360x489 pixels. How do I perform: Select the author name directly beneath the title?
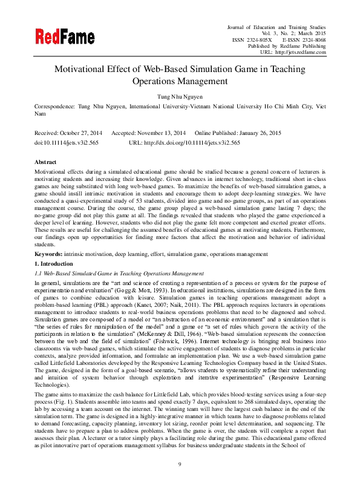(180, 96)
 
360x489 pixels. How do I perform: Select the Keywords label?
(49, 255)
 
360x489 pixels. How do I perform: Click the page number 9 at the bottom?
(180, 464)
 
